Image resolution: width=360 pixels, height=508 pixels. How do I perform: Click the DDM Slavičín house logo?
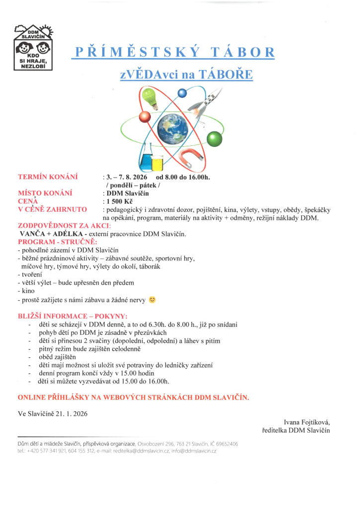34,47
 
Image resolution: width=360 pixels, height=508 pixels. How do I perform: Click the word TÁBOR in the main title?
242,53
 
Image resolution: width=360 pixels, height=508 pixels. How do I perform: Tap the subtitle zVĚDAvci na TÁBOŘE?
186,74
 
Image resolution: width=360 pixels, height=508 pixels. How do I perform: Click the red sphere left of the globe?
144,117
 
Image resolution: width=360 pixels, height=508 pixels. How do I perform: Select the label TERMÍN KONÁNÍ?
48,177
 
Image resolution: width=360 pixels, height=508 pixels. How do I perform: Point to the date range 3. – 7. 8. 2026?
127,177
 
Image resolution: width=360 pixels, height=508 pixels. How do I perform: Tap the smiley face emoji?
152,300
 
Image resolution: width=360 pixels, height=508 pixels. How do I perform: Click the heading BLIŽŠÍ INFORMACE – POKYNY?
72,316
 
